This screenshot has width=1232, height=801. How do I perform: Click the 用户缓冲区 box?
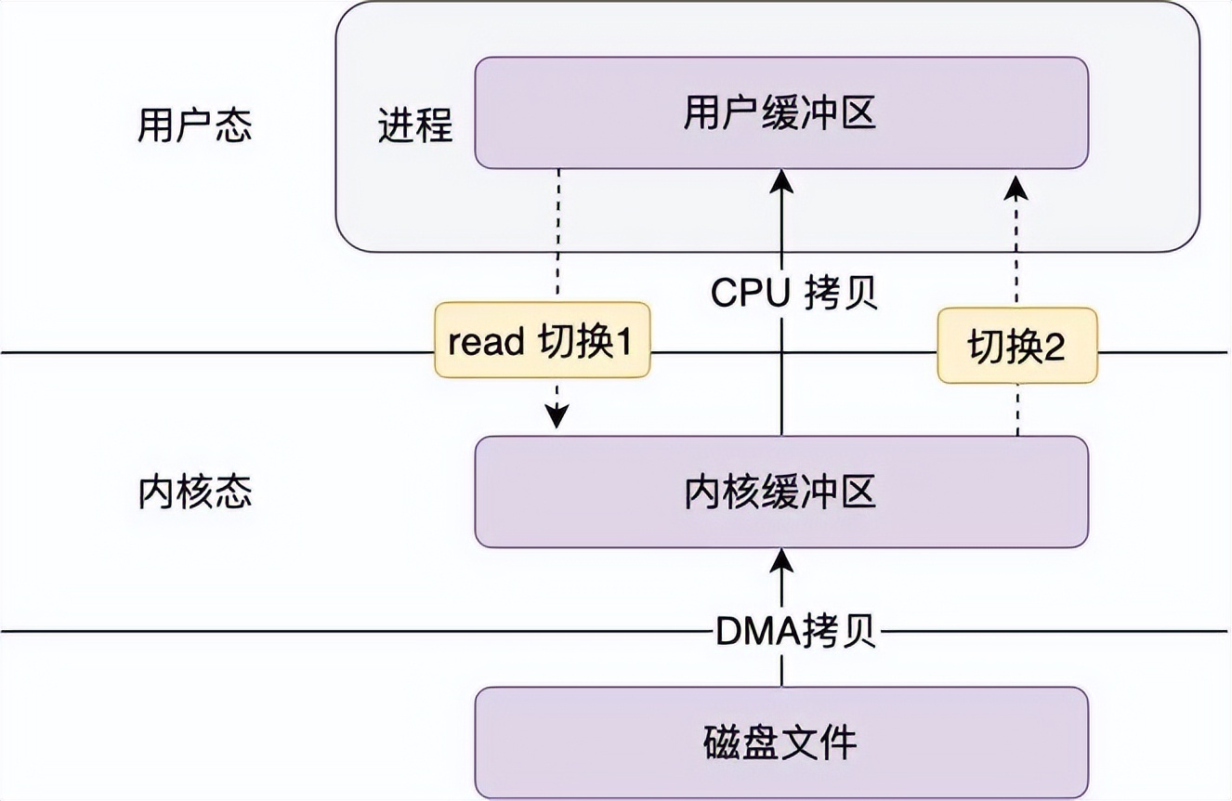(x=780, y=113)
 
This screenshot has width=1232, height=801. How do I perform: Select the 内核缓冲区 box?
(x=780, y=492)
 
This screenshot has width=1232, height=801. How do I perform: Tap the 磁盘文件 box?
(x=780, y=742)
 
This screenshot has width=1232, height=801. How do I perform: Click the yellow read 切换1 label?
(x=542, y=340)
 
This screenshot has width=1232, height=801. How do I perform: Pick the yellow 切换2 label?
(x=1016, y=347)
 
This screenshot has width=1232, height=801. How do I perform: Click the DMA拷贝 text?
(x=794, y=634)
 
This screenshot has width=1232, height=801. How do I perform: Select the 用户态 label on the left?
(x=194, y=125)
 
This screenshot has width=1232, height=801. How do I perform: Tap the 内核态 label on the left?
(x=194, y=492)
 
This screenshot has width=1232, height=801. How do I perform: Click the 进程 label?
(x=414, y=125)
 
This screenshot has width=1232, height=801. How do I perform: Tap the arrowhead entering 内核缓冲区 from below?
(x=781, y=559)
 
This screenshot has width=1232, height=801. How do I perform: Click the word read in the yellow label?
(x=486, y=342)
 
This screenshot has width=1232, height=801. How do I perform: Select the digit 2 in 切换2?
(x=1054, y=348)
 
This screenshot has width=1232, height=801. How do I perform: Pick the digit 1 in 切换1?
(x=622, y=342)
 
